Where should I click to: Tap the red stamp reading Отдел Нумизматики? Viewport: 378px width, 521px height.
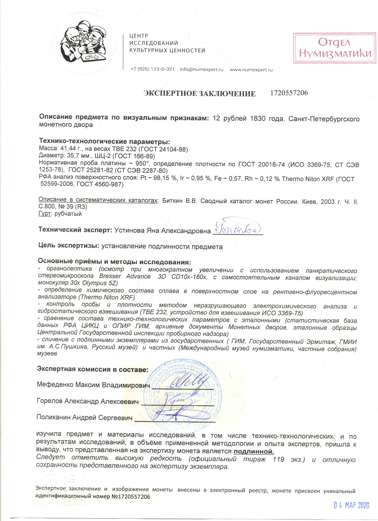(x=335, y=48)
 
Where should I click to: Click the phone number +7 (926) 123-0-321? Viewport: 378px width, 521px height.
(x=152, y=69)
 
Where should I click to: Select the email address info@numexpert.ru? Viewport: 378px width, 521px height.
(x=201, y=70)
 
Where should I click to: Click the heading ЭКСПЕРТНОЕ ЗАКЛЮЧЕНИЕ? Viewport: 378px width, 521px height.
(x=200, y=94)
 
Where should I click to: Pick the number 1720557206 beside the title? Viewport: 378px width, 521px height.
(x=289, y=93)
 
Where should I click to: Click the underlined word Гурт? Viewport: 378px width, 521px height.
(x=44, y=214)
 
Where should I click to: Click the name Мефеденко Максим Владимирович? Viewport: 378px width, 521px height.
(x=93, y=385)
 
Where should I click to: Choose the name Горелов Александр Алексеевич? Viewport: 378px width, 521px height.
(x=87, y=401)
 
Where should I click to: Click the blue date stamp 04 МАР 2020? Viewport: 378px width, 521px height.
(x=351, y=505)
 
